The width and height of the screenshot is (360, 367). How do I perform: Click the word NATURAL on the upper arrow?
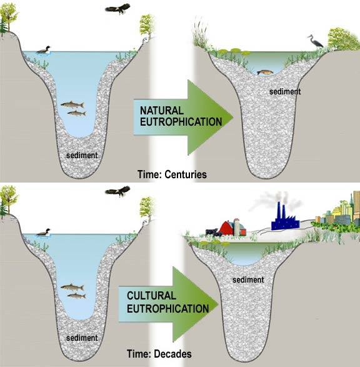click(x=162, y=111)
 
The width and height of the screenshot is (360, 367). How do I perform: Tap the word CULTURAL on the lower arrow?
click(x=151, y=296)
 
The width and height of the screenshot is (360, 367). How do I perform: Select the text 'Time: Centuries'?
click(x=172, y=174)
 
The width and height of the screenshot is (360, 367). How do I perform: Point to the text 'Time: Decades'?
click(x=159, y=354)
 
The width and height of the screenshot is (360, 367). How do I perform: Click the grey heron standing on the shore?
click(x=316, y=42)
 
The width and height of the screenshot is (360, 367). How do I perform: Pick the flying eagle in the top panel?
click(x=117, y=9)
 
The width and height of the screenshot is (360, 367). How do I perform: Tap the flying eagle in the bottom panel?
click(x=117, y=191)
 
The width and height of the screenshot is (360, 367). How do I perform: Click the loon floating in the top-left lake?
click(x=44, y=50)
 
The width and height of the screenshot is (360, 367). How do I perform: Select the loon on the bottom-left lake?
click(x=44, y=233)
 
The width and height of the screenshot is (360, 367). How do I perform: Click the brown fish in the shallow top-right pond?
click(x=265, y=73)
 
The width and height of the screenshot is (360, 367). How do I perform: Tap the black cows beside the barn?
click(x=214, y=233)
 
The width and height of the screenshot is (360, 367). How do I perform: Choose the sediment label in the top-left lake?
click(x=82, y=156)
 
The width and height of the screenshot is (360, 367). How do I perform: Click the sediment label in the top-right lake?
click(x=285, y=91)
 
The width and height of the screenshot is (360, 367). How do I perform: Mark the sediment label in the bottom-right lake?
click(x=248, y=279)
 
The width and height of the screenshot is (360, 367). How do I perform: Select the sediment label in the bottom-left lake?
click(x=82, y=338)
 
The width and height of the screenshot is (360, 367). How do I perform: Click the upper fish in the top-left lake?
click(x=72, y=104)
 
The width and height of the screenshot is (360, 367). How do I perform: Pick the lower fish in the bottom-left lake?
click(x=76, y=296)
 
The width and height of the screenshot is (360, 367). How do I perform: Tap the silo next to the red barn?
click(x=237, y=226)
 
